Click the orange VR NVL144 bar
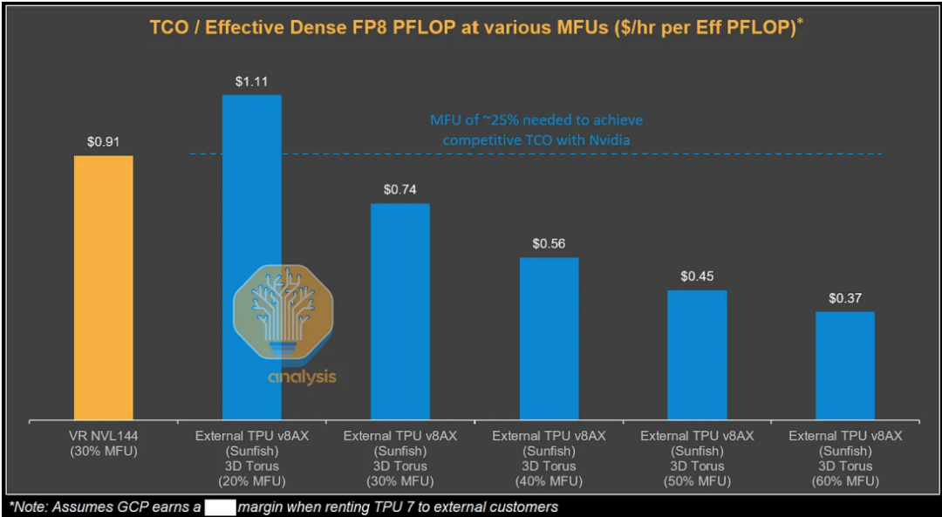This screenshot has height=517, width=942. point(104,288)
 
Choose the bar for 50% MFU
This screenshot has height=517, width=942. point(697,355)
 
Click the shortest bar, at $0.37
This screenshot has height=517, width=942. point(845,365)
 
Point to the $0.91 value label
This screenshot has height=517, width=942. point(104,139)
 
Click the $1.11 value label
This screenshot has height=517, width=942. point(252,81)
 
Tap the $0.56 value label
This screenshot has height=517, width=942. point(549,243)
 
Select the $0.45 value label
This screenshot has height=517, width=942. point(697,276)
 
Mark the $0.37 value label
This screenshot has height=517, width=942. point(845,297)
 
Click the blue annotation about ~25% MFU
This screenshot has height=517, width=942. point(536,129)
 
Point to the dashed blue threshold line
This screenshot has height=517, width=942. point(698,154)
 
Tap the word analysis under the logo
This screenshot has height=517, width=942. point(302,378)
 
